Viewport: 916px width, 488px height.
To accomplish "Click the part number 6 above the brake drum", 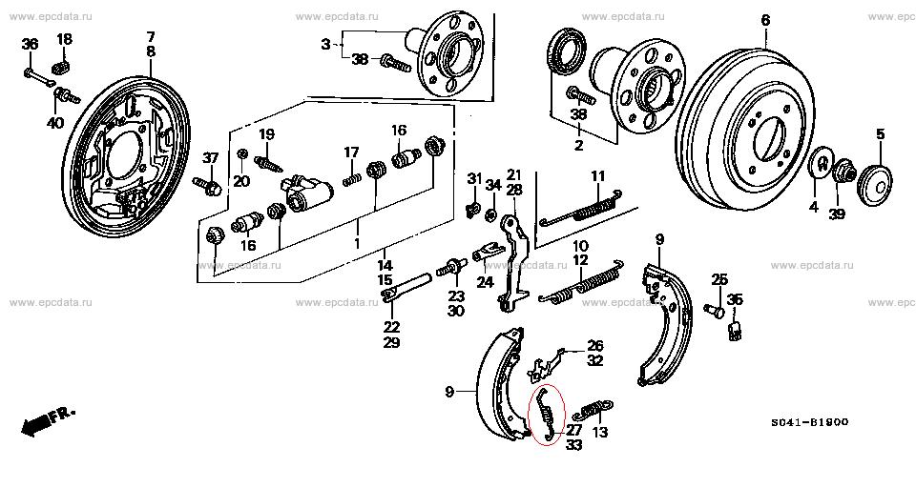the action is pos(765,21).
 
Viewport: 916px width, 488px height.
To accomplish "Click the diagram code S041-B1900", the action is pos(808,422).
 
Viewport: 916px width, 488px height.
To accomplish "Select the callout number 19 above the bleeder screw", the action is pos(266,134).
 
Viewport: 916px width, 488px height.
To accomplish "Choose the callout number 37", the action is pos(210,157).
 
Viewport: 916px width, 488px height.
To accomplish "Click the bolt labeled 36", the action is pos(35,76).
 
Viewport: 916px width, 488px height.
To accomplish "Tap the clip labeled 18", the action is pos(62,66).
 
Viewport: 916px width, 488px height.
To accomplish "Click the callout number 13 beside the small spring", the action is pos(600,432).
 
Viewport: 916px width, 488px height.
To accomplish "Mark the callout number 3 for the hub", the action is pos(325,45).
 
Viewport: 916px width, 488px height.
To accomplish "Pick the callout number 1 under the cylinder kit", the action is pos(357,244).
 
